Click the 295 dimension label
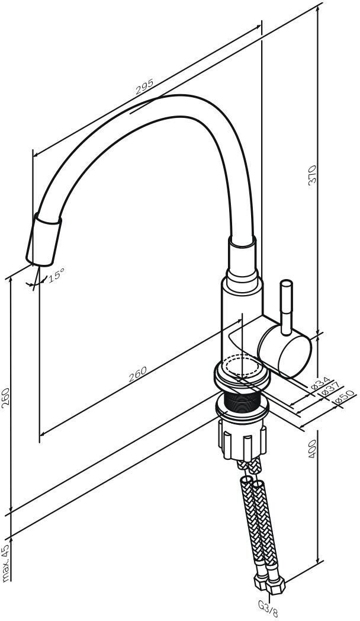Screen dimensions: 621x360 (x=144, y=88)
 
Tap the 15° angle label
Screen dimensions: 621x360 (x=57, y=275)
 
